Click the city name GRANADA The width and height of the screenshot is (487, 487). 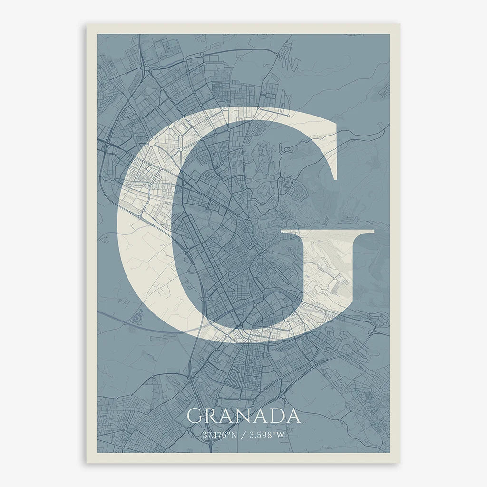(243, 416)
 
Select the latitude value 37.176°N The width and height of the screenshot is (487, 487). (219, 434)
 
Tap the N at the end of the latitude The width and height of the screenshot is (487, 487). (234, 434)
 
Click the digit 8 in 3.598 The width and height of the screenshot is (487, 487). (271, 434)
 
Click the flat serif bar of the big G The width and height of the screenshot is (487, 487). (328, 233)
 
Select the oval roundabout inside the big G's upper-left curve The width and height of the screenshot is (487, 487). (152, 142)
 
